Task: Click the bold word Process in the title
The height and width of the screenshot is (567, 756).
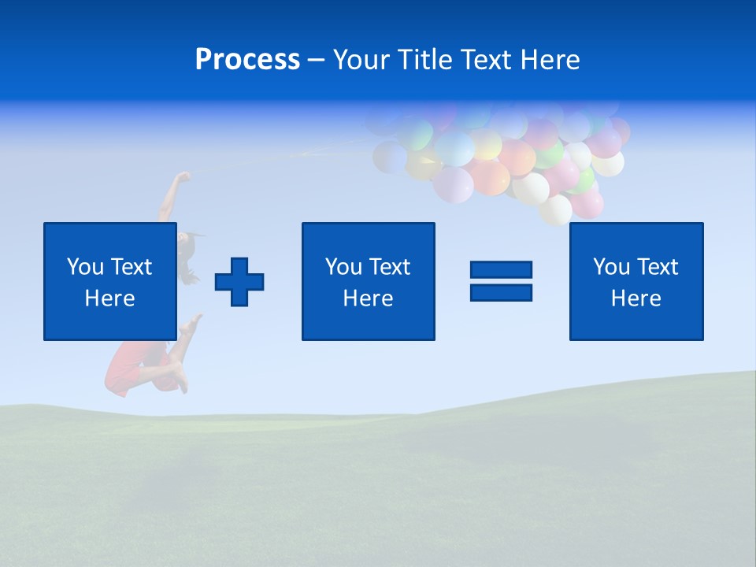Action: coord(247,60)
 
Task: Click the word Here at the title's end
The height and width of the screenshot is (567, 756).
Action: coord(550,60)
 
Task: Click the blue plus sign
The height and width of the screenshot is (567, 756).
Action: coord(239,282)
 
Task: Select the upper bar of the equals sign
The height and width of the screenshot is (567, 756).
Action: coord(501,269)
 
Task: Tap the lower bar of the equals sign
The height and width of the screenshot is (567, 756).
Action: coord(501,292)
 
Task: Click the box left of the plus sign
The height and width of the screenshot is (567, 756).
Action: coord(110,281)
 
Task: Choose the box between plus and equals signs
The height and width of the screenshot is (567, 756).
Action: coord(368,281)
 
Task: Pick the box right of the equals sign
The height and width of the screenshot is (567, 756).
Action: coord(636,281)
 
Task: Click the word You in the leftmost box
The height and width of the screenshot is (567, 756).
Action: coord(85,267)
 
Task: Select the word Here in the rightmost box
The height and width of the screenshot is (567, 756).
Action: coord(636,298)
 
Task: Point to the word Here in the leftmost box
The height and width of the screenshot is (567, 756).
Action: coord(110,298)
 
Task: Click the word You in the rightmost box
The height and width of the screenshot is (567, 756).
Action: coord(611,267)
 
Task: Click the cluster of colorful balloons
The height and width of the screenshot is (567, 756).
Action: coord(512,157)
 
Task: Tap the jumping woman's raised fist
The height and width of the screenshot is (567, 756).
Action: coord(183,176)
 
